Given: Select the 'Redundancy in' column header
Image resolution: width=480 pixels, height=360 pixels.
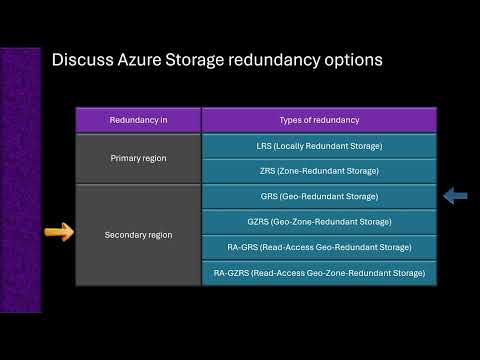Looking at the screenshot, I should [138, 120].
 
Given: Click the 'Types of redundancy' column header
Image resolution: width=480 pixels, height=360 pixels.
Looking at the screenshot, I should [318, 120].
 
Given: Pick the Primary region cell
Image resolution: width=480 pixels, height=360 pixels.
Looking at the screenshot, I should [138, 158].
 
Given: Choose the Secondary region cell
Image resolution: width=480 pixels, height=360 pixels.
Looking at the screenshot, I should [138, 235].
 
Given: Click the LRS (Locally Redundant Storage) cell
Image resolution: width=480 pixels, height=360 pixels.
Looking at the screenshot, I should [319, 146].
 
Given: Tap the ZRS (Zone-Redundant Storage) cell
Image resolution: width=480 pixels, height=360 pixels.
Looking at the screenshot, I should [319, 171].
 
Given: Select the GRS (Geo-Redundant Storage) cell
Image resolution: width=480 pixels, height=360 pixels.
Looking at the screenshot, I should [319, 197].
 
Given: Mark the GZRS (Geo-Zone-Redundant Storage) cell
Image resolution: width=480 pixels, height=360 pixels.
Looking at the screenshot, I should [319, 222].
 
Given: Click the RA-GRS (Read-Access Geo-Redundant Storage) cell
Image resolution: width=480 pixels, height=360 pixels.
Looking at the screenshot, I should [319, 247].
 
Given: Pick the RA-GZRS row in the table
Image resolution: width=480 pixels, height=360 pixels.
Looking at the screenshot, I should [319, 272].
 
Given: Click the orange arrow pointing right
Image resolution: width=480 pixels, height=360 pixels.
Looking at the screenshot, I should [59, 234].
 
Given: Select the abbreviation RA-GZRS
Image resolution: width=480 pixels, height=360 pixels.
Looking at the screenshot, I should [232, 272].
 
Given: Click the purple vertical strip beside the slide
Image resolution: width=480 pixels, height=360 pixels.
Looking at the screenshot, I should [19, 180].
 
